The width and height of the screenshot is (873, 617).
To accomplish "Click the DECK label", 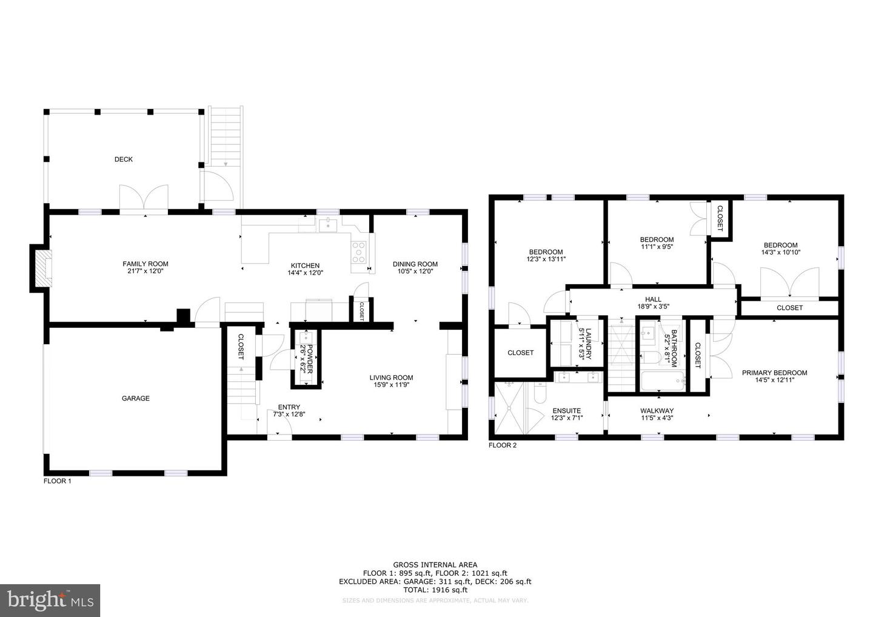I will [x=123, y=159].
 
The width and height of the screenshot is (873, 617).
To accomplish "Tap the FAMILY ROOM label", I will [x=145, y=264].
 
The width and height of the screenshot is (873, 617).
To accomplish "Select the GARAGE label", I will [x=135, y=398].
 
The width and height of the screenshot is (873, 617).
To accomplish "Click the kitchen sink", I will [x=327, y=225].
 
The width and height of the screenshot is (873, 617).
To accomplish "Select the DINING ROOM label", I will [x=415, y=264].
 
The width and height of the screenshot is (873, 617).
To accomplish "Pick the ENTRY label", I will [x=289, y=407].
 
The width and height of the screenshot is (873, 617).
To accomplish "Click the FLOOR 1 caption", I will [x=57, y=481].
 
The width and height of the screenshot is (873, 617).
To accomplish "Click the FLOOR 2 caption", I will [x=503, y=445].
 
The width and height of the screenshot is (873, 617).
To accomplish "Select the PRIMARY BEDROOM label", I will [x=774, y=373].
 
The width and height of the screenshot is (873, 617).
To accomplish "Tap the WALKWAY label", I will [x=657, y=410].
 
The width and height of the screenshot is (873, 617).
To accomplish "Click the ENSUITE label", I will [x=566, y=410].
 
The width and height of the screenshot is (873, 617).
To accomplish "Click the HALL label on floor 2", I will [x=653, y=299].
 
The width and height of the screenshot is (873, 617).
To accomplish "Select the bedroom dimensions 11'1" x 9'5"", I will [x=657, y=247].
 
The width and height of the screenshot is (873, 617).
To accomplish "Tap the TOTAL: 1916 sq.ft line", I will [x=435, y=589].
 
